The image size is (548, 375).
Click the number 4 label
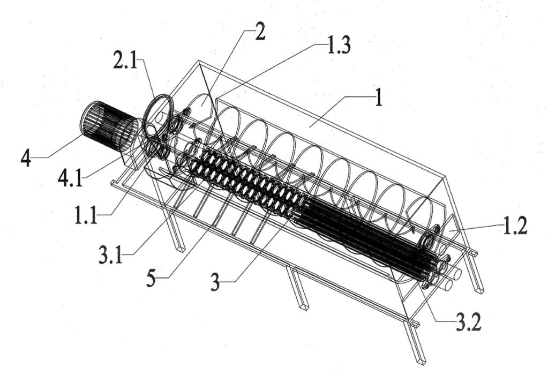click(26, 159)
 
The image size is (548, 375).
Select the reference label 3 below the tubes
click(215, 282)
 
